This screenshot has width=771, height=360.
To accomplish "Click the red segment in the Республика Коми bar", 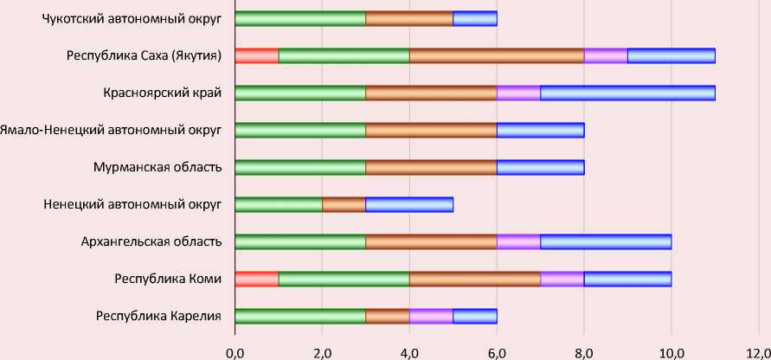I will point(256,279).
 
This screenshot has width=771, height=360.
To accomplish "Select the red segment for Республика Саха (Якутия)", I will point(256,56).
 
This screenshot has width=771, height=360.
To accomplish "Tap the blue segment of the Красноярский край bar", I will point(627,93).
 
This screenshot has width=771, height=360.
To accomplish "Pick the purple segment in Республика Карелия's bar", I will point(431,316).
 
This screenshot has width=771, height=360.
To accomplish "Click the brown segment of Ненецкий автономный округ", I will point(344,204).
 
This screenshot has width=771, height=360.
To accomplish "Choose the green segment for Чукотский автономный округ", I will point(299,19).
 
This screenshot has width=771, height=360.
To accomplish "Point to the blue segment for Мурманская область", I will point(540,167).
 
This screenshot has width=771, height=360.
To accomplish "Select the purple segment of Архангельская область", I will point(518,241).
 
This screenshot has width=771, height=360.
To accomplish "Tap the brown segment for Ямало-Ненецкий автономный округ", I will point(431,130).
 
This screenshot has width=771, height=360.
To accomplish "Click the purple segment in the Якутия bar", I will point(606,56).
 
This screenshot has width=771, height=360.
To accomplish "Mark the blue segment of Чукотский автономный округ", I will point(474,19).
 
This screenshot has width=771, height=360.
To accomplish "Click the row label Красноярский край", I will point(162,93).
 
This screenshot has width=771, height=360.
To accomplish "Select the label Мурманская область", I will point(157,167).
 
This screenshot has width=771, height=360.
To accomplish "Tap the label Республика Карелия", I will point(158,316).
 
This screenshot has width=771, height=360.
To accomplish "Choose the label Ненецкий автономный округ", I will point(132,204).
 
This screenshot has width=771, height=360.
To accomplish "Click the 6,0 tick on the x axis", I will point(497,351).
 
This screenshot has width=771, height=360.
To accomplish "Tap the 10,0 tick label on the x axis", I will point(671,351).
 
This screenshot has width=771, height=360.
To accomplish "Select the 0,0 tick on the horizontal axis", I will point(235,351).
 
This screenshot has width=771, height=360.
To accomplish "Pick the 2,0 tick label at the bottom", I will point(322,351).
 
